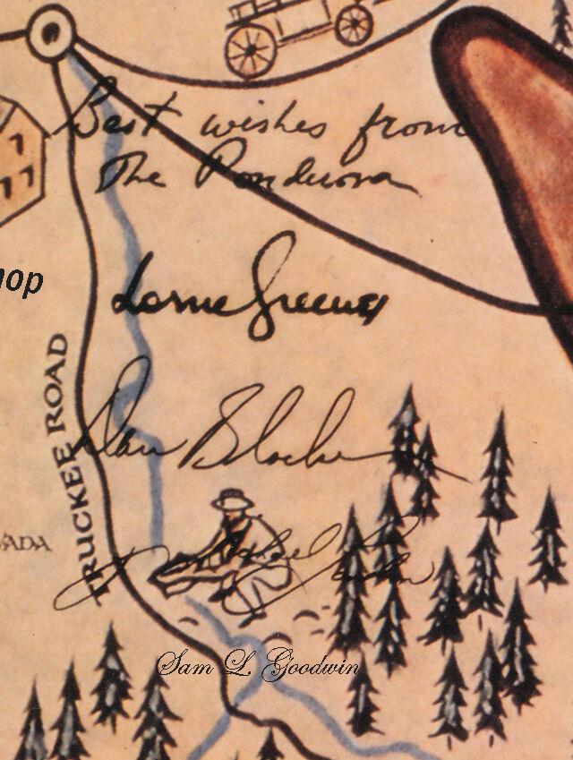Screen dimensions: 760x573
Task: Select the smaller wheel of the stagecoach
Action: coord(354,24)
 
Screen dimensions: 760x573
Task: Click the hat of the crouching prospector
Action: coord(233,499)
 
